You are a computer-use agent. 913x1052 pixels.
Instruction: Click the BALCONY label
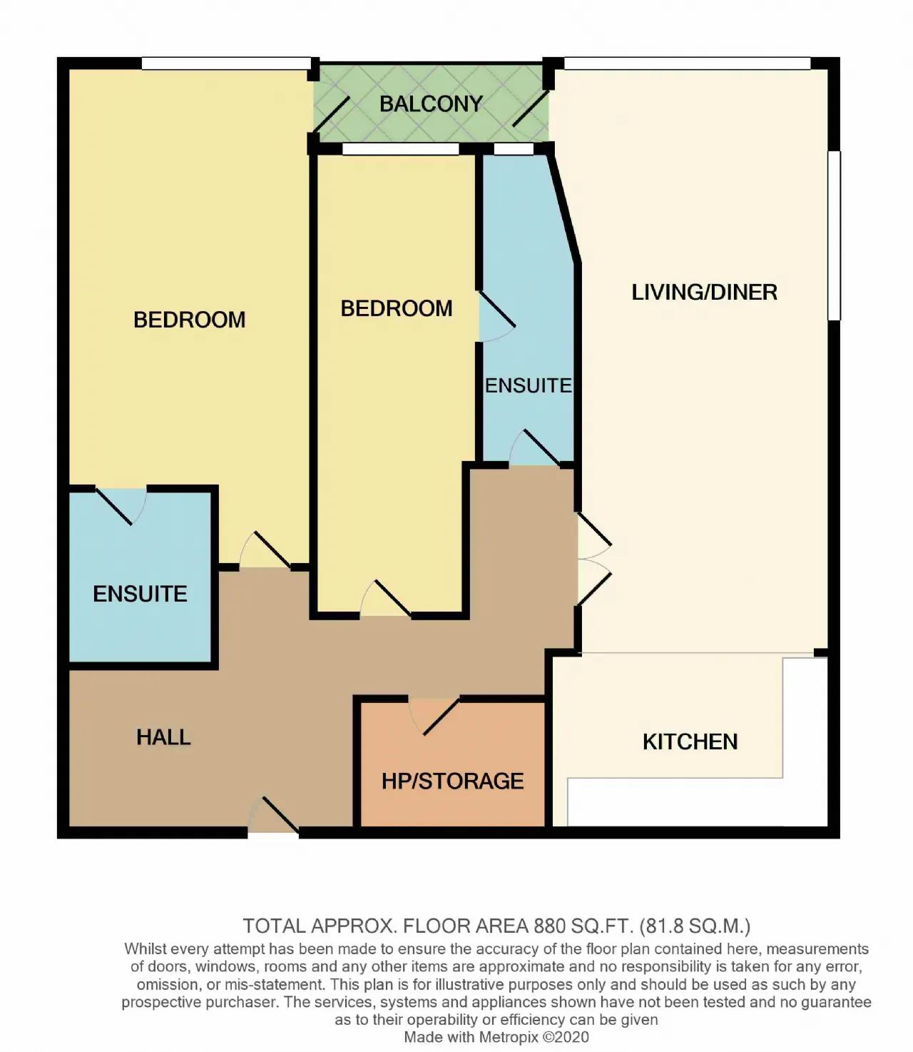point(431,104)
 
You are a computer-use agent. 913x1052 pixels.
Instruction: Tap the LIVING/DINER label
point(704,292)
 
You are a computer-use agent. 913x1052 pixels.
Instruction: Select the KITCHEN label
point(690,742)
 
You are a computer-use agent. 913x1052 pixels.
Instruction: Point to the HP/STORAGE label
point(453,781)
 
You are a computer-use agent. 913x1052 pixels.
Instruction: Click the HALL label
point(163,737)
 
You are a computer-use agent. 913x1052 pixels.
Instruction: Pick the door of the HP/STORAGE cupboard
point(441,717)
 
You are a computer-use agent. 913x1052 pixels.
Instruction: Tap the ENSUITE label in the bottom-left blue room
point(140,594)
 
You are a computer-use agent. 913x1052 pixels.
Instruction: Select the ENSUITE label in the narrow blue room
point(528,385)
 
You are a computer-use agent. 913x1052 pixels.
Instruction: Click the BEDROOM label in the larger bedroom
point(190,320)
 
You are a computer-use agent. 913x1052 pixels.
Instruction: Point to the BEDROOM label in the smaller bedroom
point(396,308)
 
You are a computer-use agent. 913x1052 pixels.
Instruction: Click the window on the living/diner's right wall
point(835,236)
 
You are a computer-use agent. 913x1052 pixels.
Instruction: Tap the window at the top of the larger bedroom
point(226,64)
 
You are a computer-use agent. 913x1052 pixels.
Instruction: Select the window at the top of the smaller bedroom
point(400,149)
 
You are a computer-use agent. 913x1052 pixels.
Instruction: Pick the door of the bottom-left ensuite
point(121,506)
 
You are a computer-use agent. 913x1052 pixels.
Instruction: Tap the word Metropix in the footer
point(509,1037)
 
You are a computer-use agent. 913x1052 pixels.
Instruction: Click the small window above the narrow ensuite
point(514,149)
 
